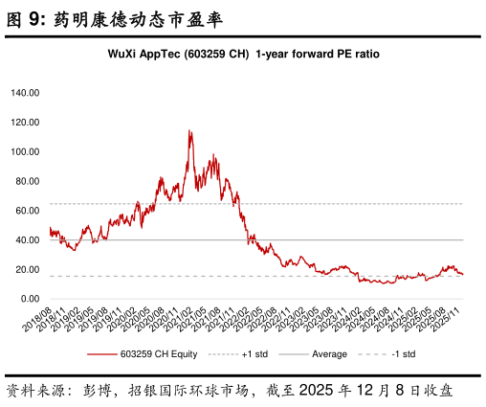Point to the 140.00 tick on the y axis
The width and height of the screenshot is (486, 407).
(x=25, y=93)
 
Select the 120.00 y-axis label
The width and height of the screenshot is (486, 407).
(x=25, y=123)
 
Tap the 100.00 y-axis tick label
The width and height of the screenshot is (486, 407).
(x=25, y=152)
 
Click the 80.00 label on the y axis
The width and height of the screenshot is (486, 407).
(x=27, y=181)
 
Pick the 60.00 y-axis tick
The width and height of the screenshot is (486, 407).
(x=27, y=211)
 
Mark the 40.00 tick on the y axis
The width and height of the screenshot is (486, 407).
(x=27, y=240)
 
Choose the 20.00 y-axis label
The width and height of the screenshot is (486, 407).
(x=27, y=270)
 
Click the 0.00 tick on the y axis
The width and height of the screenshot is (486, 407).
(x=29, y=299)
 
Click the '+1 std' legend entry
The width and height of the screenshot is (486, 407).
(x=255, y=354)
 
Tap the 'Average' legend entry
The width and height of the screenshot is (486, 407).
(x=328, y=354)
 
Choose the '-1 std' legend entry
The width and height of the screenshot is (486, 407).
(x=403, y=354)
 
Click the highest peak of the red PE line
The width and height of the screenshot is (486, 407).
(x=189, y=130)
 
